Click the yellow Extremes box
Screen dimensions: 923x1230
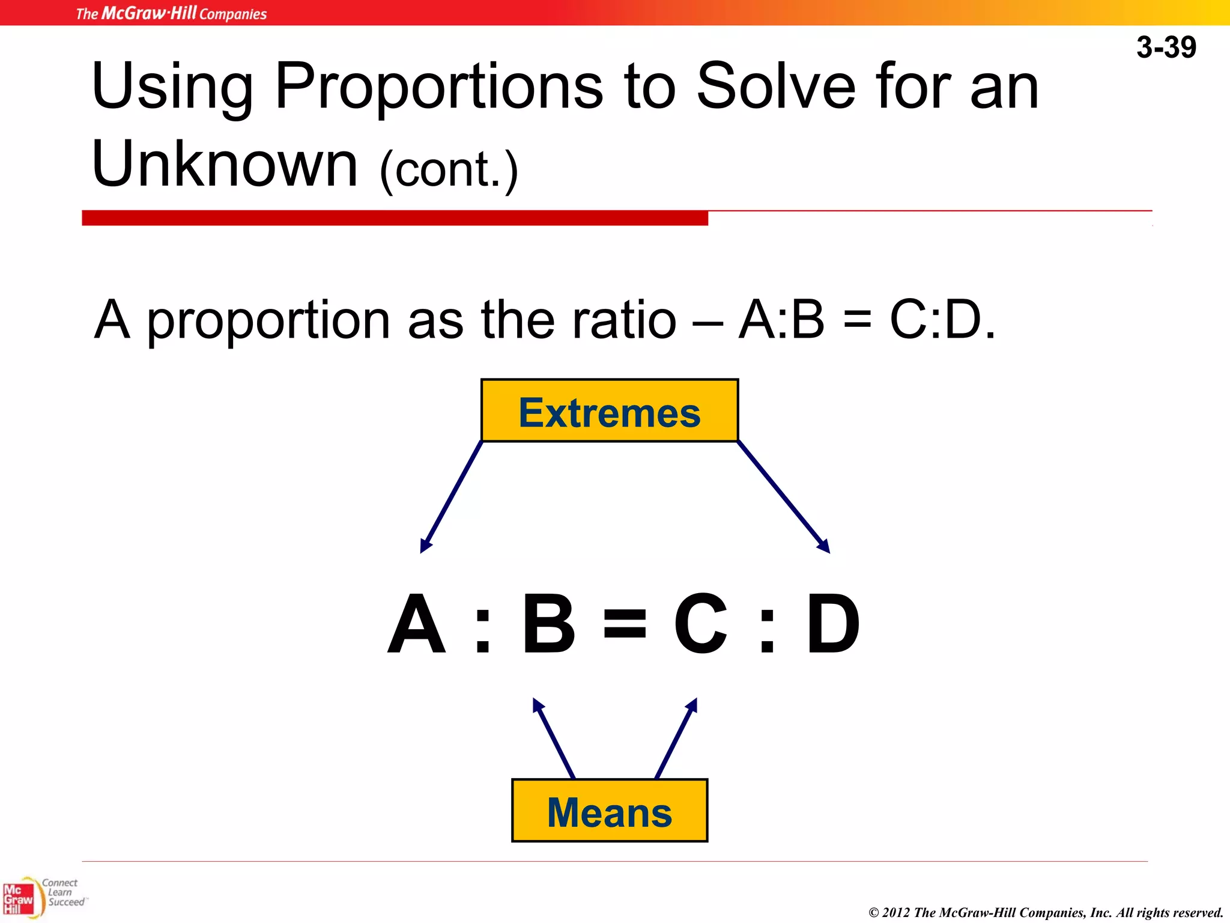pyautogui.click(x=610, y=411)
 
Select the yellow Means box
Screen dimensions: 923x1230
pyautogui.click(x=610, y=811)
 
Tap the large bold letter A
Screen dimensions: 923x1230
pyautogui.click(x=417, y=624)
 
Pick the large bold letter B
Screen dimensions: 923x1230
pyautogui.click(x=549, y=624)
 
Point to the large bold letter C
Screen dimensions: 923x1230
pyautogui.click(x=700, y=624)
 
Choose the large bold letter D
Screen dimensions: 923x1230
pyautogui.click(x=833, y=624)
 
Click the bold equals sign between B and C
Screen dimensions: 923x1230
pyautogui.click(x=625, y=624)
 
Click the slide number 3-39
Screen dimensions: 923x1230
pyautogui.click(x=1166, y=47)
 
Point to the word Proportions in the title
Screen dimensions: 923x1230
pyautogui.click(x=438, y=87)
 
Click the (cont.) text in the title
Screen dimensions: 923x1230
pyautogui.click(x=449, y=170)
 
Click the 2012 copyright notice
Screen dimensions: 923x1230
pyautogui.click(x=1046, y=912)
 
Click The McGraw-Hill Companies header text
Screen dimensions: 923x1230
pyautogui.click(x=171, y=13)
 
